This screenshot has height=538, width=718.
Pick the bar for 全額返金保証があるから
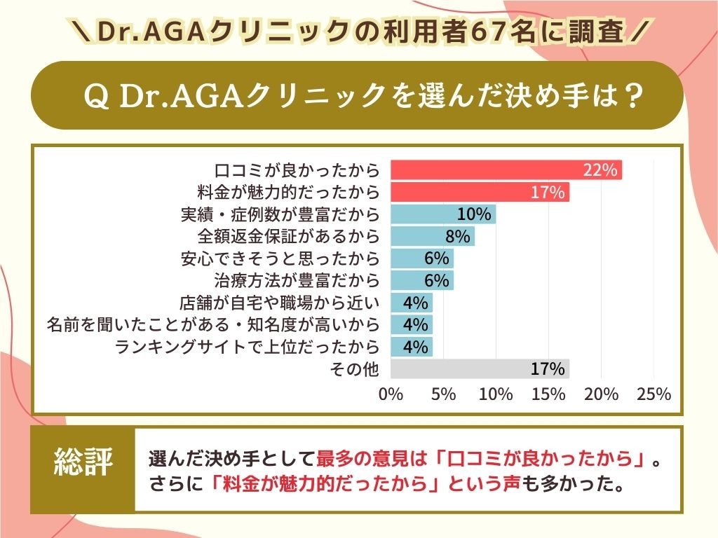pos(432,236)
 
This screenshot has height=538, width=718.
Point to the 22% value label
pos(600,170)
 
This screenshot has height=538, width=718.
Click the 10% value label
pos(473,214)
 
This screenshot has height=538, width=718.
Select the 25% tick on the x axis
pos(653,394)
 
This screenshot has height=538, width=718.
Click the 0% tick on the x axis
pos(391,394)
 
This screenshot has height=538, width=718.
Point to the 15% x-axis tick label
pos(548,394)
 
